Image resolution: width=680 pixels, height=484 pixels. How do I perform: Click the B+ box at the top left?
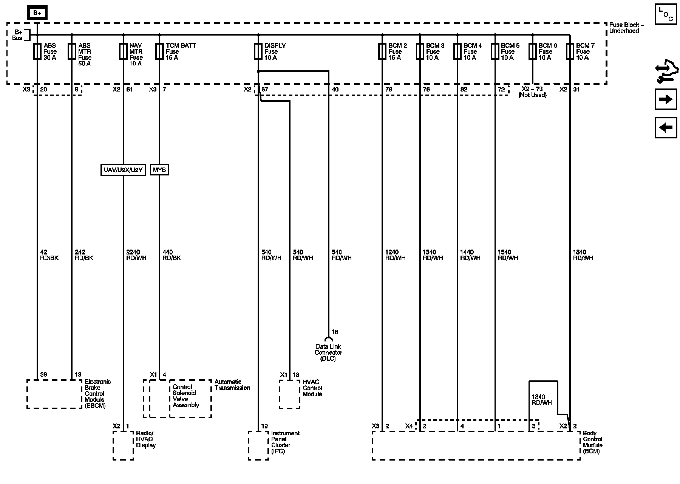[37, 13]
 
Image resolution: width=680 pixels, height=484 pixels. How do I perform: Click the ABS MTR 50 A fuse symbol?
[71, 52]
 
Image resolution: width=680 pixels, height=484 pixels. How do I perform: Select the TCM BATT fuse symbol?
[159, 52]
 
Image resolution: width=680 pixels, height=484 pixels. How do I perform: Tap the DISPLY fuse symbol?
[258, 52]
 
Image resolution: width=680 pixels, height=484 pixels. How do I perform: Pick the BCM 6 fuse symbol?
[532, 52]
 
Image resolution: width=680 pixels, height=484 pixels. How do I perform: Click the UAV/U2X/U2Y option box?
[123, 170]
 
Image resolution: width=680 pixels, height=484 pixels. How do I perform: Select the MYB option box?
[159, 170]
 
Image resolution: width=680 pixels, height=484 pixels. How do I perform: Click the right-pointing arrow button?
[665, 99]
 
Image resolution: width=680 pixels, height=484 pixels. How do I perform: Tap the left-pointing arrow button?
[665, 127]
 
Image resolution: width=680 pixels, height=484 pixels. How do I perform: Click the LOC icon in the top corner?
[665, 14]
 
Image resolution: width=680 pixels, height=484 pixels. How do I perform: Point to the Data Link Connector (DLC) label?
[328, 352]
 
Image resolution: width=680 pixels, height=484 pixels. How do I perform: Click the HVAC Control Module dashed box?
[290, 394]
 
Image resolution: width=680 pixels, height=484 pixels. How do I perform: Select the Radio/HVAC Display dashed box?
[123, 445]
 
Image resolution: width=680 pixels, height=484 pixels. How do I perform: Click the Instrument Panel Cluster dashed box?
[258, 445]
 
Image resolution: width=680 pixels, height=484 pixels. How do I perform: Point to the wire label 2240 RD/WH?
[136, 255]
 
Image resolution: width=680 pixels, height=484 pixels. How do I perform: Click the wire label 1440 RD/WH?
[470, 255]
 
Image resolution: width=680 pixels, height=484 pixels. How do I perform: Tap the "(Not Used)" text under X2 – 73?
[532, 95]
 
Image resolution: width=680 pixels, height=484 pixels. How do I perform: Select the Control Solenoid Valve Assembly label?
[185, 396]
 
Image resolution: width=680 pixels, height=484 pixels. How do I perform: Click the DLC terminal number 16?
[335, 332]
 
